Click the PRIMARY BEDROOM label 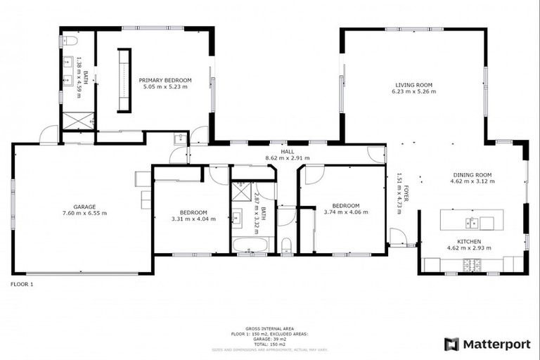click(x=165, y=80)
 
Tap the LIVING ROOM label click(x=413, y=84)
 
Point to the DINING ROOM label click(x=470, y=174)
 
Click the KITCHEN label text click(x=469, y=241)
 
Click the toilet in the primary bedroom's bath click(x=68, y=41)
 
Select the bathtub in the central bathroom click(x=250, y=245)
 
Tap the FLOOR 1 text click(x=22, y=284)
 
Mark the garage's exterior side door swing click(x=49, y=135)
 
